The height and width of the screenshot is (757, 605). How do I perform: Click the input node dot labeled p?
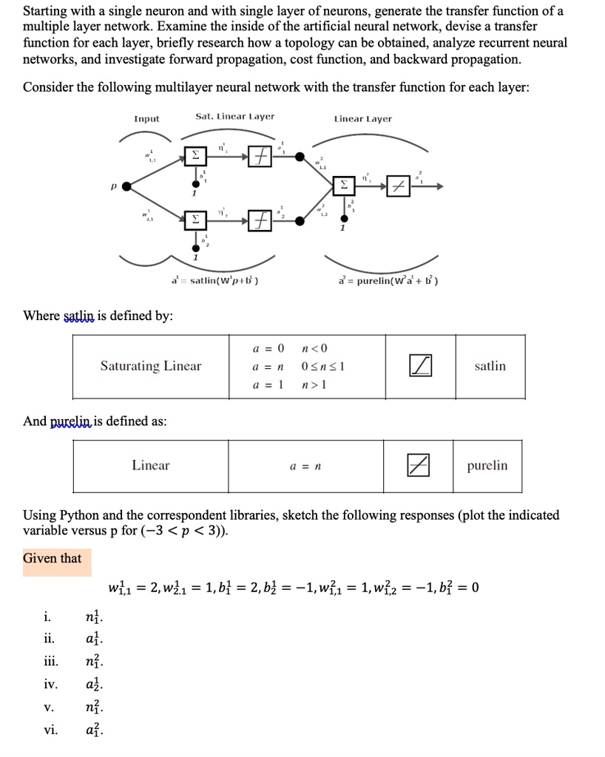point(126,186)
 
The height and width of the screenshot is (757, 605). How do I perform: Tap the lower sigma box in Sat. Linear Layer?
point(196,220)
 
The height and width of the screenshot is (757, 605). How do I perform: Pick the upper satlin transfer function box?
point(259,157)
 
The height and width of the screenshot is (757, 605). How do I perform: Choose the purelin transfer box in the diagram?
point(399,186)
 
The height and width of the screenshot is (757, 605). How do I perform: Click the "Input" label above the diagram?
point(146,118)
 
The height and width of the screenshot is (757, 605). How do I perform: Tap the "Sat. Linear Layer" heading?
point(234,117)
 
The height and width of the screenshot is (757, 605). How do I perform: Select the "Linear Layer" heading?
point(362,118)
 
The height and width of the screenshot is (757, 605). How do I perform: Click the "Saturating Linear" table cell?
point(151,366)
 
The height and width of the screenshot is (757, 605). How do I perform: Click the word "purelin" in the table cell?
point(487,466)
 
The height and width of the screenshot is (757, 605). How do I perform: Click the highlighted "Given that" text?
point(52,558)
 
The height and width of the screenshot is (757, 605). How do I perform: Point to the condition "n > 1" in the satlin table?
point(314,384)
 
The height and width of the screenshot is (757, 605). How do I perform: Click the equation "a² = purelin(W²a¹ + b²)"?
point(388,281)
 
